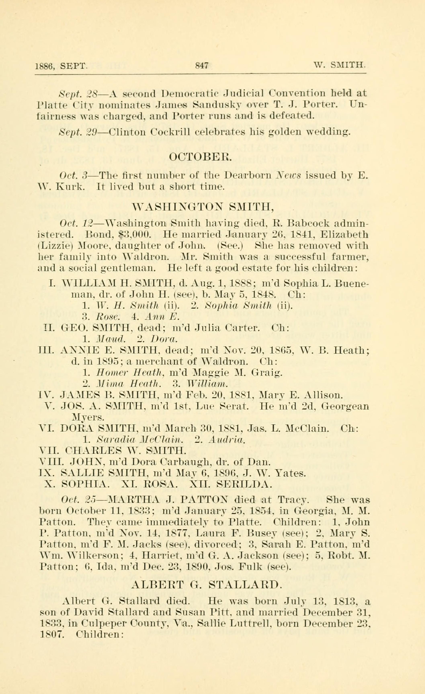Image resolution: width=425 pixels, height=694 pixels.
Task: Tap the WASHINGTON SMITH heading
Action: [202, 208]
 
